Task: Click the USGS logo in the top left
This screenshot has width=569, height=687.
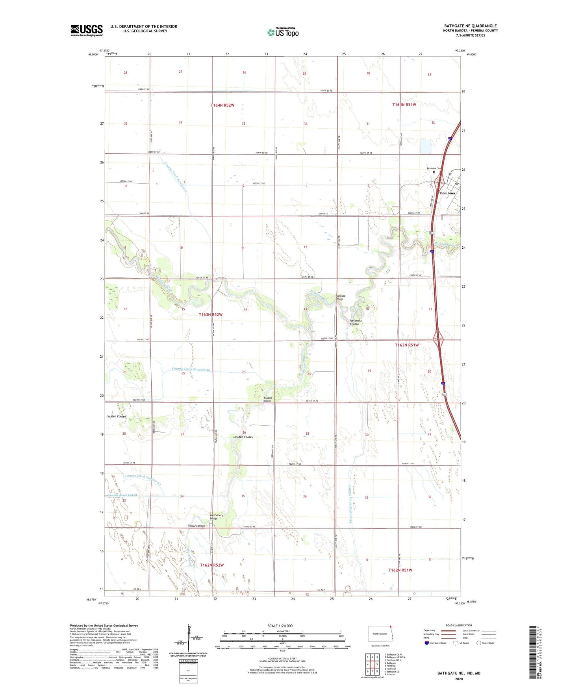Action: (87, 30)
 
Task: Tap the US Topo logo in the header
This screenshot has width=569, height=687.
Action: (283, 32)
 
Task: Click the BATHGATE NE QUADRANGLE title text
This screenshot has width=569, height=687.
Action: (470, 26)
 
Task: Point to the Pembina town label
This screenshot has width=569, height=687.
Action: (447, 193)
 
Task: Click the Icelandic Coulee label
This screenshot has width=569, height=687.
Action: (356, 322)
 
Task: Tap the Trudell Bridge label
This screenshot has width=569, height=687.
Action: (267, 399)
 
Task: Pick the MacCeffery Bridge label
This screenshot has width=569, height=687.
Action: (216, 517)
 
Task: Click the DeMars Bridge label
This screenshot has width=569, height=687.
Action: (196, 526)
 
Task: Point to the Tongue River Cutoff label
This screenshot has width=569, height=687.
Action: (122, 495)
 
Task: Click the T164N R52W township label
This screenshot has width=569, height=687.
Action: (222, 105)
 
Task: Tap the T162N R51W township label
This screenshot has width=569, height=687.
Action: (400, 570)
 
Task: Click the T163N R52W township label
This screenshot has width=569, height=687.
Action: (211, 314)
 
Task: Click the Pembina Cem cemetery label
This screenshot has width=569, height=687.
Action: (434, 168)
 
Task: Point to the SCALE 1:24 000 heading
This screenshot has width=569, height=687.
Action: (280, 626)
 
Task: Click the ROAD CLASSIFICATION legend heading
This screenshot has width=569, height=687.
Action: (459, 625)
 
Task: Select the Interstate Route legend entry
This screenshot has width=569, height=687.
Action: (437, 643)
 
